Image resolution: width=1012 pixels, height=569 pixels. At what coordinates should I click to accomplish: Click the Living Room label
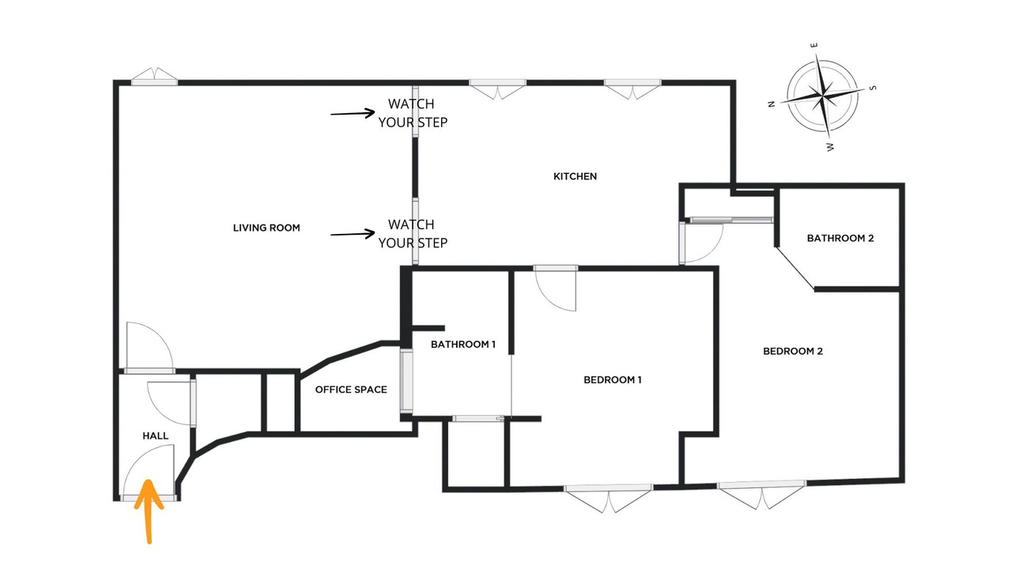[x=266, y=228]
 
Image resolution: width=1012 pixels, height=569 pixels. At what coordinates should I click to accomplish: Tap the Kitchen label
[x=575, y=176]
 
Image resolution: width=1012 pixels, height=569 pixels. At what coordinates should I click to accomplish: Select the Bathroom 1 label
[x=463, y=345]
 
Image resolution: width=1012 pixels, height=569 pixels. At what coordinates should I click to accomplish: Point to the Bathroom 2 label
[x=840, y=239]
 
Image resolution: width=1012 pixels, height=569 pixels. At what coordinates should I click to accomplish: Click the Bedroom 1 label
[x=613, y=380]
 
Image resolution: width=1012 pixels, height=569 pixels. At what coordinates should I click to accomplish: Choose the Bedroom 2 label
[x=793, y=352]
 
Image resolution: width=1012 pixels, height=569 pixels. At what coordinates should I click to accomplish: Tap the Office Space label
[x=351, y=390]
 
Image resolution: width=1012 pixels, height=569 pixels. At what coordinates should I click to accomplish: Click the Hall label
[x=156, y=436]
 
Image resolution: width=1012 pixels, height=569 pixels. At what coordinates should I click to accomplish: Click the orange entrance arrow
[x=149, y=511]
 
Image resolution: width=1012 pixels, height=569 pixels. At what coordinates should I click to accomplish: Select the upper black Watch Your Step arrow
[x=353, y=113]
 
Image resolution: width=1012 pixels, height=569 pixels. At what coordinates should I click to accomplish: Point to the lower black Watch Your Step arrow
[x=353, y=234]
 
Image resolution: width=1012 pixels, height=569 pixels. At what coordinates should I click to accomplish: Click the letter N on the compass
[x=772, y=104]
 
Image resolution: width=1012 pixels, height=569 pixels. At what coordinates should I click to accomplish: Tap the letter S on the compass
[x=873, y=88]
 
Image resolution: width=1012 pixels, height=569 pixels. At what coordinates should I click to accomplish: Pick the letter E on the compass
[x=814, y=46]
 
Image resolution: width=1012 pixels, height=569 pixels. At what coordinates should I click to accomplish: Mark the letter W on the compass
[x=830, y=147]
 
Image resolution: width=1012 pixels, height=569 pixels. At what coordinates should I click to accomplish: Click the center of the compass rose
[x=822, y=96]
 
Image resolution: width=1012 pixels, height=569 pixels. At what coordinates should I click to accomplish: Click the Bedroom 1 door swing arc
[x=549, y=300]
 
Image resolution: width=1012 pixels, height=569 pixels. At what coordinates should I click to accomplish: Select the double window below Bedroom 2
[x=761, y=495]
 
